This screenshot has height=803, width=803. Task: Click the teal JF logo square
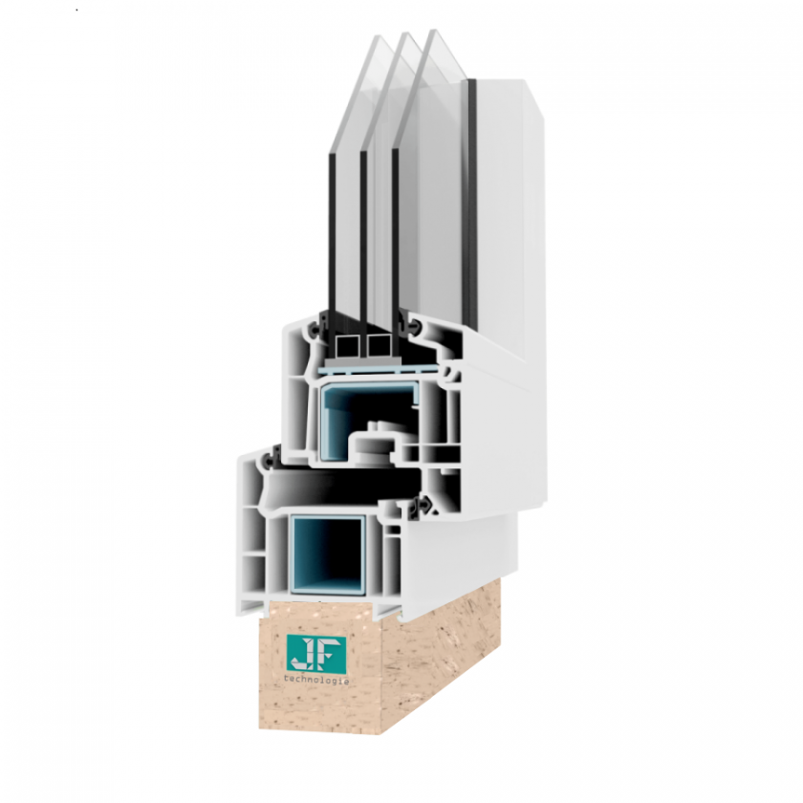[316, 655]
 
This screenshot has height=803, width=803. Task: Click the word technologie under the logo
[316, 681]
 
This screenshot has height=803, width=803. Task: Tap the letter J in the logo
[301, 655]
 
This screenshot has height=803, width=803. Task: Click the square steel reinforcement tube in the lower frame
[328, 554]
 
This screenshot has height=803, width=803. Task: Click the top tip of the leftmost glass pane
[379, 36]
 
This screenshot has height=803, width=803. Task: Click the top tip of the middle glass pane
[405, 33]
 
